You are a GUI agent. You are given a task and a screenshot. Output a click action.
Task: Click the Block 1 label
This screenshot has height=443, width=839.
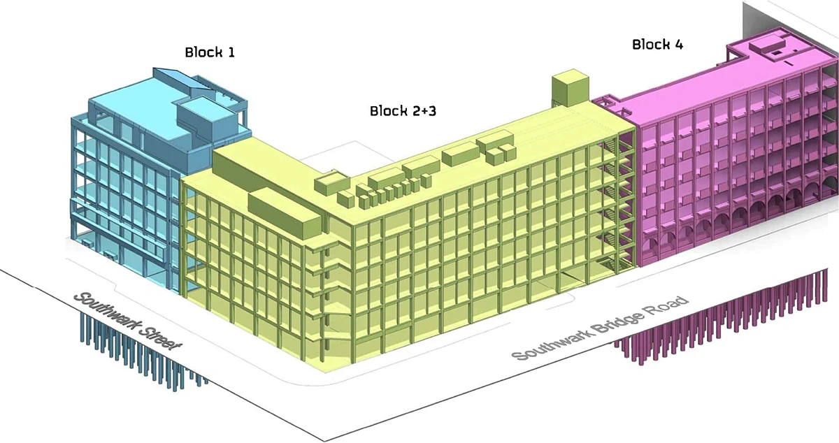[209, 52]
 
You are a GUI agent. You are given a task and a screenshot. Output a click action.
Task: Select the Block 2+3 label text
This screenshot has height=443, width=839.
[403, 111]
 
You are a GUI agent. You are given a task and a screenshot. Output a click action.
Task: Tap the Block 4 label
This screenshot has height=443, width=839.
[657, 45]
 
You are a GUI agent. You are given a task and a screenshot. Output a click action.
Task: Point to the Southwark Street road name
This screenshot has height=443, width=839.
[130, 321]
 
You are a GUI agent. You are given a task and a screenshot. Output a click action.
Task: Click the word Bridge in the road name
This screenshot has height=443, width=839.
[619, 322]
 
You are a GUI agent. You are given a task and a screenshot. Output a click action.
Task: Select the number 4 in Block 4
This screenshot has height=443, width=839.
[678, 45]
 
